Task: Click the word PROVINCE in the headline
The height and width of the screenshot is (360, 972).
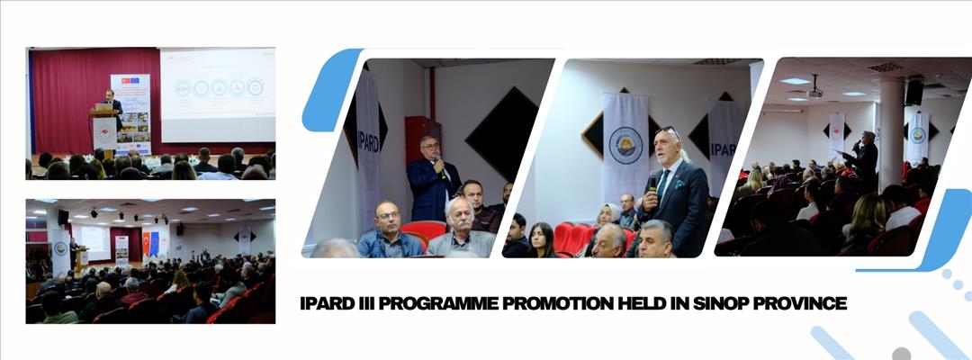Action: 806,303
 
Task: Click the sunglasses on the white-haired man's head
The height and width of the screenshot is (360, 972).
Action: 668,131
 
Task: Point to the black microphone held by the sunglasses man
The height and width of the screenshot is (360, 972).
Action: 652,181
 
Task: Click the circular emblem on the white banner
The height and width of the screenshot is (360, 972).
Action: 625,145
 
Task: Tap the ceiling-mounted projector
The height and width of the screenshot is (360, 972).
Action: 814,90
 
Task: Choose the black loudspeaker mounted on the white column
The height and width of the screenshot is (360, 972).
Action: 913,93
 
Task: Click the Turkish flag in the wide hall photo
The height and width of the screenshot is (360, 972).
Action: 144,243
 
